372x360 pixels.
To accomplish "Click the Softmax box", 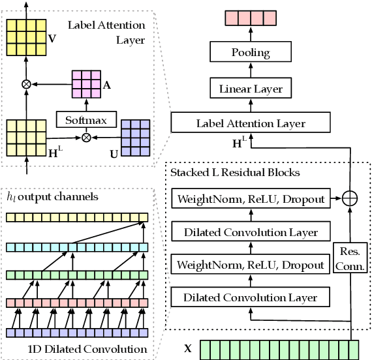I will coord(86,120).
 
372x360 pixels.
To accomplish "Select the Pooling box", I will coord(251,52).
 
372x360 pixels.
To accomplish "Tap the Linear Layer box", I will coord(251,87).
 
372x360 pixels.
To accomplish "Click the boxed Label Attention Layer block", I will coord(251,123).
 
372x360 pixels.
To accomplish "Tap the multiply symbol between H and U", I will coord(85,138).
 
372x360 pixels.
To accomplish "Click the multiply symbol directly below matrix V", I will coord(27,83).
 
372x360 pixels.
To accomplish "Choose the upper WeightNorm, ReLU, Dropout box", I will coord(251,199).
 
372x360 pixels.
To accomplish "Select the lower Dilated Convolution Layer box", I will coord(251,298).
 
